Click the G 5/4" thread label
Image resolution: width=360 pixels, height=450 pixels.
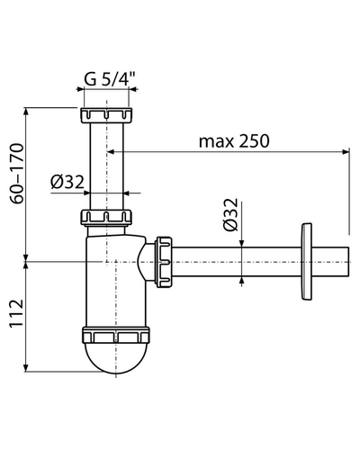pos(110,79)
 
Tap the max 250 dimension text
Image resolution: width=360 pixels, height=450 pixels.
pos(234,141)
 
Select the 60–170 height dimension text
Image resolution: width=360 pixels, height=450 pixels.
pos(17,174)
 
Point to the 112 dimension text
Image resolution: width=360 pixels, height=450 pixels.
pos(17,313)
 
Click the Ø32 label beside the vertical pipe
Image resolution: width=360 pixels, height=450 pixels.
pos(67,182)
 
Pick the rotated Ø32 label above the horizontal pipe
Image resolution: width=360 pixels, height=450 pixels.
pos(230,215)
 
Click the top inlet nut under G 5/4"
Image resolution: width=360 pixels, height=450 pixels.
pos(106,115)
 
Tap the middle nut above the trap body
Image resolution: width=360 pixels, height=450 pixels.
pos(106,217)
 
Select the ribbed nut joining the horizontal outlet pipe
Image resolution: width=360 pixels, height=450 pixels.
pos(164,261)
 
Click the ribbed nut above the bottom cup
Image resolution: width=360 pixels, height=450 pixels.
pos(116,335)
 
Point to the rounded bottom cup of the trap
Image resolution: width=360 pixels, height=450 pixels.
pos(116,358)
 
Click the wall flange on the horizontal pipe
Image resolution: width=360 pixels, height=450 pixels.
pos(306,262)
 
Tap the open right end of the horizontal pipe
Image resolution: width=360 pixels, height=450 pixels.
pos(348,262)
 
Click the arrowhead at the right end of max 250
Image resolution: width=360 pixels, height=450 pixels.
pos(346,152)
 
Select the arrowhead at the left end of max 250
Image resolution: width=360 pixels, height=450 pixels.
pos(111,152)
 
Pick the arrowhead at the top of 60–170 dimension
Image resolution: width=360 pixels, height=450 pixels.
pos(26,111)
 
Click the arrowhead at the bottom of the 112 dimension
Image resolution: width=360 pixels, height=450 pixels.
pos(26,368)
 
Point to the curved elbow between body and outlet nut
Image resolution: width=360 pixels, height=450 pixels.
pos(147,262)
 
